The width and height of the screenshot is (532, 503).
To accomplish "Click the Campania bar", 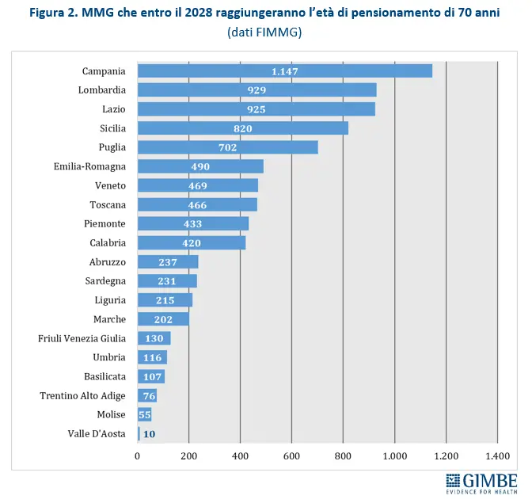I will [285, 70].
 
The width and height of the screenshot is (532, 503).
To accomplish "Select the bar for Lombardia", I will [257, 90].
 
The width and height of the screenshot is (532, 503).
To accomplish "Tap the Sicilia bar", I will [243, 128].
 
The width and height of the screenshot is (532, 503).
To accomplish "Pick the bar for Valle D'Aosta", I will [139, 433].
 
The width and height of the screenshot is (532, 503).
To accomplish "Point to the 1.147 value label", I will [285, 71].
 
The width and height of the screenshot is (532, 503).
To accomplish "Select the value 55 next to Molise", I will [145, 414].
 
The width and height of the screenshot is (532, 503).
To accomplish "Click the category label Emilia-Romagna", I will [89, 166].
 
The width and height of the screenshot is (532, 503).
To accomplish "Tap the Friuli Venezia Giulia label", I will [82, 338].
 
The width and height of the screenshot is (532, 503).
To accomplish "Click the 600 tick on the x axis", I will [291, 455].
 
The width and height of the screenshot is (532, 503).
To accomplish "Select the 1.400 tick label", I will [497, 455].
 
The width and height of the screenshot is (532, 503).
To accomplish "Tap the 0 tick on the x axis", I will [138, 455].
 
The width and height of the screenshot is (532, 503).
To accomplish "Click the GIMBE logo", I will [481, 483].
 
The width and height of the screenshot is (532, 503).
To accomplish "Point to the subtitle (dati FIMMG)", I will [264, 32].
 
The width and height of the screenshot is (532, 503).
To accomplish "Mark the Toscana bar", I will [197, 204].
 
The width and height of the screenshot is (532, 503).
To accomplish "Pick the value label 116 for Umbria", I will [154, 357].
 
